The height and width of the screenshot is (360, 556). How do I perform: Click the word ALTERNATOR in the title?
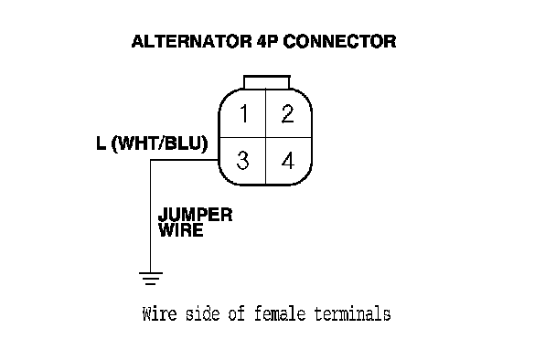[191, 41]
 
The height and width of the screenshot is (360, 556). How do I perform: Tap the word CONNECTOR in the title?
[339, 41]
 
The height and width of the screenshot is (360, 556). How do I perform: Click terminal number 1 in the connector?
[243, 113]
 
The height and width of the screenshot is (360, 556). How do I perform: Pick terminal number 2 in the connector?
[287, 113]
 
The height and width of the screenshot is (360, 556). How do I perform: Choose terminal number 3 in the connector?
[242, 160]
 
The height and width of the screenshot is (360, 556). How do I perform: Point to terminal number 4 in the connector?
[288, 160]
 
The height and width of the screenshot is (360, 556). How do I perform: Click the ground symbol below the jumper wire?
[151, 279]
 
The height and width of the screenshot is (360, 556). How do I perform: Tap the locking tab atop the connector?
[267, 82]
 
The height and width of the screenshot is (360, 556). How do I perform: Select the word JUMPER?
[195, 215]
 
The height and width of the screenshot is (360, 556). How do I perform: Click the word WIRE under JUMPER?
[180, 230]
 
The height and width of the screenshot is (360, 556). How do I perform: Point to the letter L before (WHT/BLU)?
[101, 143]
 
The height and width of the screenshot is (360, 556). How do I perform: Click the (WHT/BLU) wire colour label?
[159, 143]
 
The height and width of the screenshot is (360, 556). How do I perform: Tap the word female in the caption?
[280, 314]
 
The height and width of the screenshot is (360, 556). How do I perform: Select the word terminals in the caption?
[352, 314]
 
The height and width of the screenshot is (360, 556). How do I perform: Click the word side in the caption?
[203, 314]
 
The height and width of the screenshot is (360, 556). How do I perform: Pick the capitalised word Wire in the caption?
[159, 314]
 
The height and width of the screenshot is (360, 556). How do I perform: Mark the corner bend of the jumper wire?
[151, 160]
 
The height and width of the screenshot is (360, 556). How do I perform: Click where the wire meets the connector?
[219, 160]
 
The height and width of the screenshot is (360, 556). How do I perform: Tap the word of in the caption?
[237, 314]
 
